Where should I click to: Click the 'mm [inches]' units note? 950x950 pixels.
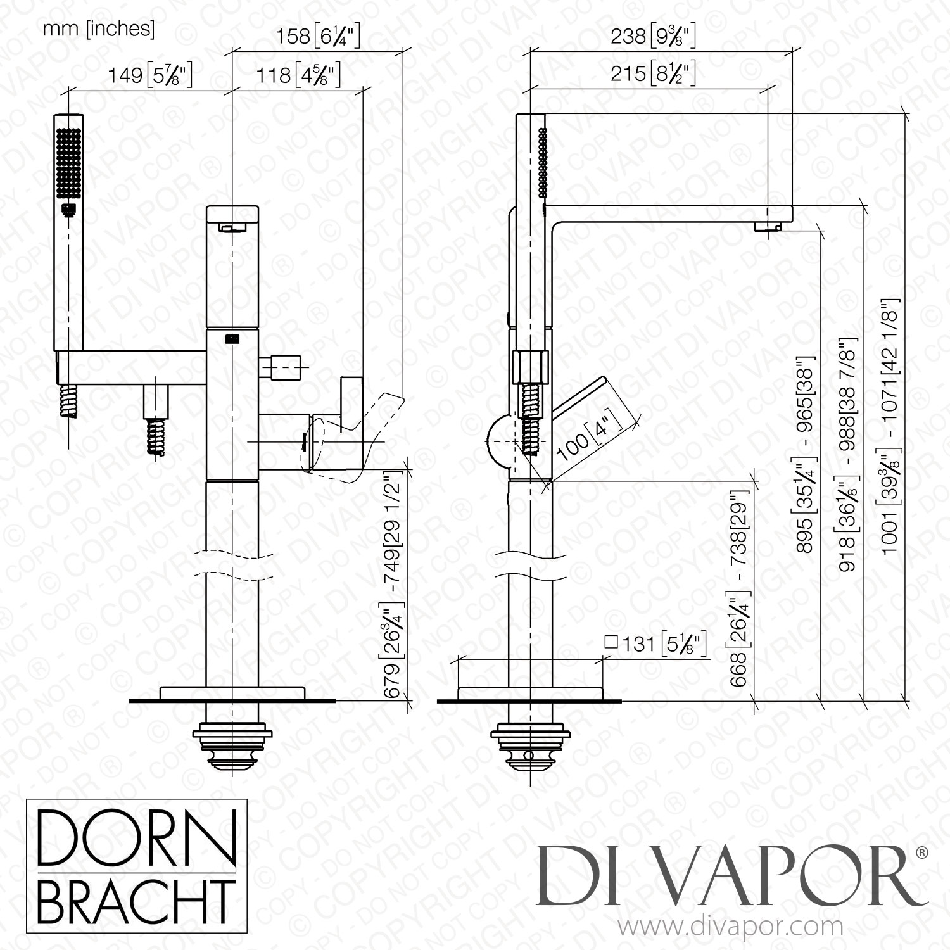[x=98, y=29]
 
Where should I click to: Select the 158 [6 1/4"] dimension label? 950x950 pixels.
[x=317, y=37]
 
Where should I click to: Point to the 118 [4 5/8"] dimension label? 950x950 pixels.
[x=298, y=76]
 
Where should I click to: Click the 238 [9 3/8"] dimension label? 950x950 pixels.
[x=653, y=37]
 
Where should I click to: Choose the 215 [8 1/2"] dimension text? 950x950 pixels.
[x=653, y=74]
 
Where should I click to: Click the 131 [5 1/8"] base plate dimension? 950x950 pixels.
[x=655, y=644]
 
